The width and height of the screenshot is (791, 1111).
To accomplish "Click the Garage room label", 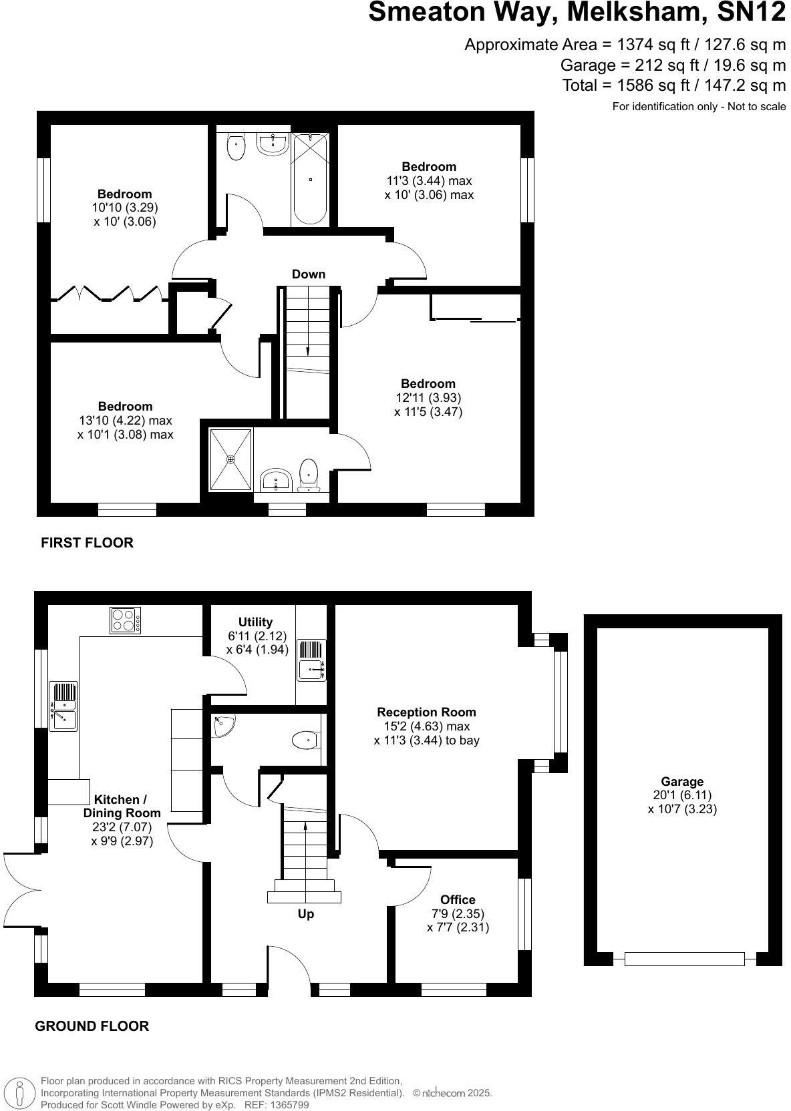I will pyautogui.click(x=682, y=781).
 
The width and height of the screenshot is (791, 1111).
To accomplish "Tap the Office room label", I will pyautogui.click(x=458, y=899).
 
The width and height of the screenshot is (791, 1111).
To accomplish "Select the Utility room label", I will pyautogui.click(x=255, y=622).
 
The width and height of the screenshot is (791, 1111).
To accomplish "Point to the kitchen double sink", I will pyautogui.click(x=63, y=706).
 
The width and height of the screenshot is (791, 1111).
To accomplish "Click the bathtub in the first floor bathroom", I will pyautogui.click(x=310, y=178).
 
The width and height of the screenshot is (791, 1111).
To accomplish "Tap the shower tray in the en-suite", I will pyautogui.click(x=231, y=459).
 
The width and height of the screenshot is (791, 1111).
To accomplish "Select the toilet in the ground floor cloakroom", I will pyautogui.click(x=305, y=740).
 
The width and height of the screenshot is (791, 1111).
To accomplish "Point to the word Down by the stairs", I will pyautogui.click(x=308, y=274).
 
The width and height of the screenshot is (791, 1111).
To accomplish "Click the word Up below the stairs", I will pyautogui.click(x=305, y=914).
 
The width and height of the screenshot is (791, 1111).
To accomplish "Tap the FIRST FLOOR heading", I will pyautogui.click(x=87, y=543).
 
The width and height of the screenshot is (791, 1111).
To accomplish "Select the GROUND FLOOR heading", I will pyautogui.click(x=92, y=1026).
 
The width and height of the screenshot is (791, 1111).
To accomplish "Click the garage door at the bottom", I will pyautogui.click(x=684, y=959).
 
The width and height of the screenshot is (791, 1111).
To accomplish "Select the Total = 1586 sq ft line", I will pyautogui.click(x=673, y=85).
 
